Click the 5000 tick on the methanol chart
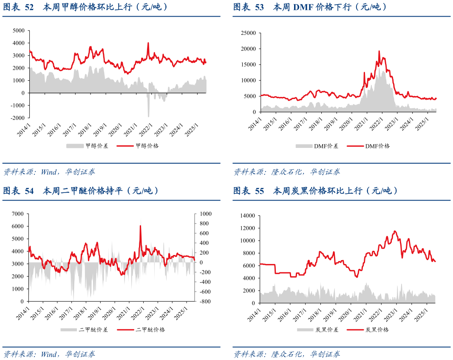click(x=19, y=31)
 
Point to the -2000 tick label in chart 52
click(x=17, y=118)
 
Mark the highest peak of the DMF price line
click(x=379, y=51)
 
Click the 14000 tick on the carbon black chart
click(x=248, y=216)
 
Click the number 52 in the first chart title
click(x=29, y=7)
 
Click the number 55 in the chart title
click(x=260, y=191)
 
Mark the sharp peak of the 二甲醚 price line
click(x=141, y=226)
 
